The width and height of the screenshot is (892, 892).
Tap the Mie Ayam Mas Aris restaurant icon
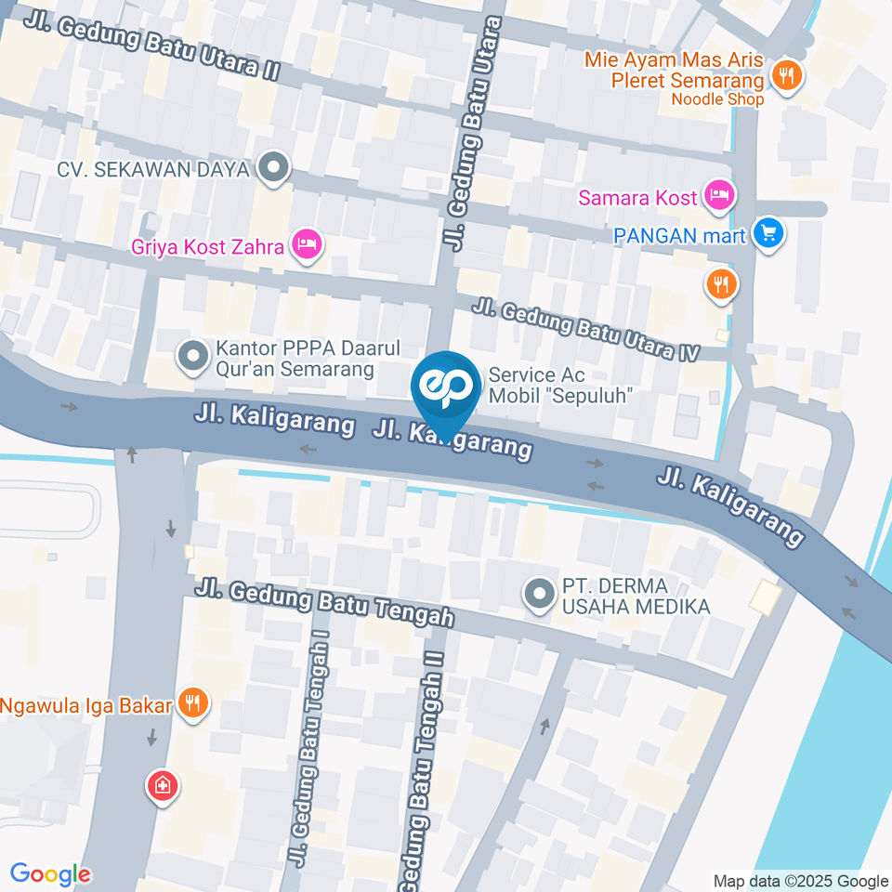pyautogui.click(x=787, y=75)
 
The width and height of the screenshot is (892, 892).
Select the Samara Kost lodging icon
pyautogui.click(x=720, y=195)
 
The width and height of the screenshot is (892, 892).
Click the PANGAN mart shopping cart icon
pyautogui.click(x=767, y=233)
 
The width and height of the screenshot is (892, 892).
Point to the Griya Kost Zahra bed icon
pyautogui.click(x=307, y=244)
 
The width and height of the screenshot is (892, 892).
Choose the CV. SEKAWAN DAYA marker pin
pyautogui.click(x=273, y=168)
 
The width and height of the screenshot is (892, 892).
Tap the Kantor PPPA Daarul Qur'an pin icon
pyautogui.click(x=193, y=355)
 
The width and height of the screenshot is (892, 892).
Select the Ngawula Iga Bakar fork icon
pyautogui.click(x=193, y=703)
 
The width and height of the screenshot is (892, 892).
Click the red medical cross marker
pyautogui.click(x=163, y=786)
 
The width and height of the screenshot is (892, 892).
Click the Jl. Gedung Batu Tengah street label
pyautogui.click(x=324, y=603)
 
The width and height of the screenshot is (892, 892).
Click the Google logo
pyautogui.click(x=50, y=873)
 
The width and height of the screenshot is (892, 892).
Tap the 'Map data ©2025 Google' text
pyautogui.click(x=801, y=881)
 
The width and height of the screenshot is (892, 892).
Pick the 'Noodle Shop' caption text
pyautogui.click(x=717, y=99)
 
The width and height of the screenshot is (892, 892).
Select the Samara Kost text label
pyautogui.click(x=637, y=198)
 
